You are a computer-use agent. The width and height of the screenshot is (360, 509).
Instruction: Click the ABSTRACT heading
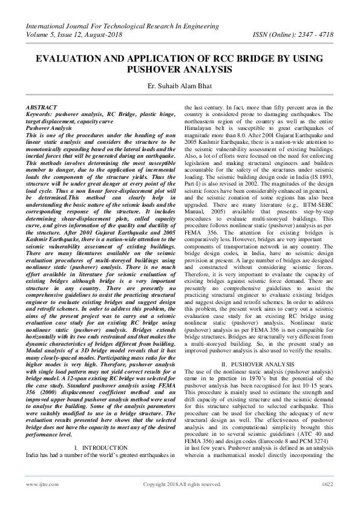(42, 106)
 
